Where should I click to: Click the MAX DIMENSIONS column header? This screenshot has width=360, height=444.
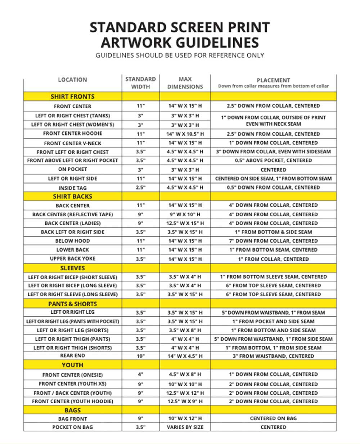[x=185, y=83]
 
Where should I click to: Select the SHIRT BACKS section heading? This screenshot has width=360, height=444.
[x=72, y=196]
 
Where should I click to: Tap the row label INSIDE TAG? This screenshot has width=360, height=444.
[x=72, y=188]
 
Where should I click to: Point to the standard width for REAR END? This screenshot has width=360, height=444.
[x=140, y=356]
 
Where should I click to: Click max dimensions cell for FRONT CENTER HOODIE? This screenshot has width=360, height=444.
[x=185, y=134]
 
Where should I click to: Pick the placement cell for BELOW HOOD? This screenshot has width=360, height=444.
[x=273, y=241]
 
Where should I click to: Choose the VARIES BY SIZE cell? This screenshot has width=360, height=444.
[x=185, y=427]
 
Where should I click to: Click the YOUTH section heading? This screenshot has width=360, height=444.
[x=72, y=365]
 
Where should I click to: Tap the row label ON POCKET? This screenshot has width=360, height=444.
[x=72, y=169]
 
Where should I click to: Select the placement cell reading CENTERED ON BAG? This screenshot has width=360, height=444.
[x=273, y=418]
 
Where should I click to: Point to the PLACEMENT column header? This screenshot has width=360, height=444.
[x=273, y=80]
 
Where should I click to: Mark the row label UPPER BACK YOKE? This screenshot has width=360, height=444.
[x=72, y=259]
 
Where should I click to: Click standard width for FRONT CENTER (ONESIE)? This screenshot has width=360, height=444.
[x=140, y=374]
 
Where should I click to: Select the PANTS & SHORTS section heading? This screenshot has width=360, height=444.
[x=72, y=304]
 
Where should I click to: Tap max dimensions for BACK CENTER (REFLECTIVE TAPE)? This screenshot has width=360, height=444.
[x=185, y=214]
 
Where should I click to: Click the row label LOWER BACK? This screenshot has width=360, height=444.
[x=72, y=250]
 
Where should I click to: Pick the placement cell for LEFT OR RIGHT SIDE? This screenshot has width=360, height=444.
[x=273, y=179]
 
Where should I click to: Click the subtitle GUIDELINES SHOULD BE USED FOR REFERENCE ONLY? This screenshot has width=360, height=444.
[x=180, y=55]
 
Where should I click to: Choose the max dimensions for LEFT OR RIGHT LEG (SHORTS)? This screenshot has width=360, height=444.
[x=185, y=330]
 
